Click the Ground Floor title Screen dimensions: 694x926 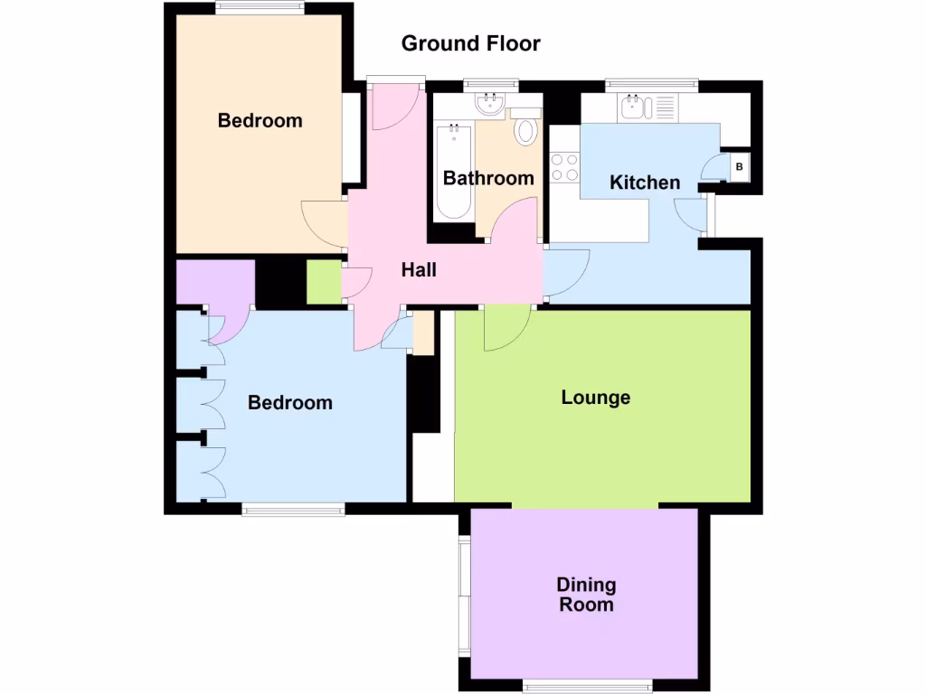[470, 43]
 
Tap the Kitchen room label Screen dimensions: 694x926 [645, 183]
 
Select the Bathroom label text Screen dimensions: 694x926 [488, 178]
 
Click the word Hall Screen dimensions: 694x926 [419, 269]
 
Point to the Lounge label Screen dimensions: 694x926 [595, 398]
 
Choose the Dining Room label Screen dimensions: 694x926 [586, 596]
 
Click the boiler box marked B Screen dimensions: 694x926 [740, 166]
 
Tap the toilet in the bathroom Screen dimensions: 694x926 [524, 130]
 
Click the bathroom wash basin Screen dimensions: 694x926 [491, 104]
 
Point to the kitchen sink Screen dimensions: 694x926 [632, 108]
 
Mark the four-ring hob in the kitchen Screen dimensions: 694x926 [564, 167]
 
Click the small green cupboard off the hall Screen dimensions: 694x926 [323, 282]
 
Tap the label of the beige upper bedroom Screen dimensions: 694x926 [260, 121]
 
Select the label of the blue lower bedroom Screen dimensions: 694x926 [289, 403]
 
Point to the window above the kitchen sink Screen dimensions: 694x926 [651, 84]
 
